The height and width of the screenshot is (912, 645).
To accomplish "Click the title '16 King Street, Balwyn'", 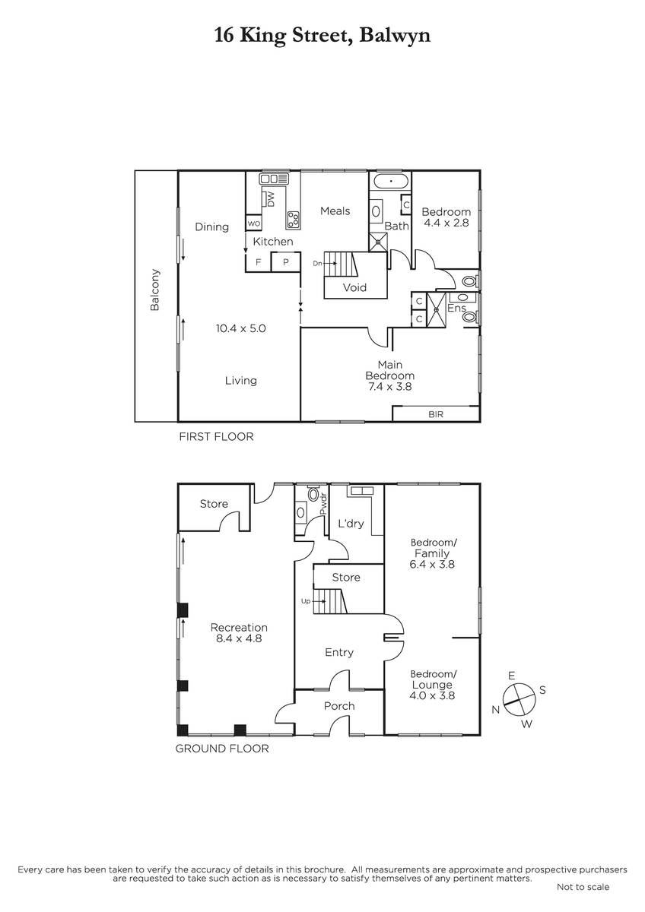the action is pyautogui.click(x=322, y=36).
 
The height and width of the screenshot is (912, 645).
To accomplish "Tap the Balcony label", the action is pyautogui.click(x=155, y=290).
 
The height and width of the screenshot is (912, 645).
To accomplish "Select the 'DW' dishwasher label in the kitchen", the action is pyautogui.click(x=272, y=199).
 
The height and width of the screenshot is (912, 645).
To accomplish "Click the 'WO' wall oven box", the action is pyautogui.click(x=254, y=223).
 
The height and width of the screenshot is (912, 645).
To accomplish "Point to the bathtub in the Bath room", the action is pyautogui.click(x=391, y=180).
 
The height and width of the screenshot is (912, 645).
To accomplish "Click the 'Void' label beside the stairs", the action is pyautogui.click(x=354, y=287).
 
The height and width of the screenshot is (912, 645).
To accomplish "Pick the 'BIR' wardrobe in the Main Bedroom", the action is pyautogui.click(x=436, y=413).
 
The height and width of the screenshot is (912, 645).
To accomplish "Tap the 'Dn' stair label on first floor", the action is pyautogui.click(x=317, y=264).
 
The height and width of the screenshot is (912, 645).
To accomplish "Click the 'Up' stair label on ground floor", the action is pyautogui.click(x=306, y=601).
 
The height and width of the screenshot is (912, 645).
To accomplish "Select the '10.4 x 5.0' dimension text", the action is pyautogui.click(x=241, y=328).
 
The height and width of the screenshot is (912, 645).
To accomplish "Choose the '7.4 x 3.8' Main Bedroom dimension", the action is pyautogui.click(x=390, y=386).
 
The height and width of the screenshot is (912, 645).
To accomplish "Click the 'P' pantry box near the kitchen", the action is pyautogui.click(x=286, y=261).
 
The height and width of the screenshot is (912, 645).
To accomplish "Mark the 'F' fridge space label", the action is pyautogui.click(x=258, y=262).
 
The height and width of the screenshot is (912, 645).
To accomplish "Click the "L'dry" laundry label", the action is pyautogui.click(x=351, y=523).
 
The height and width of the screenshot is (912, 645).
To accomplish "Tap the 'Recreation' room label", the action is pyautogui.click(x=239, y=628).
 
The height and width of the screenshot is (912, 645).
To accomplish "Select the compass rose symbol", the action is pyautogui.click(x=519, y=700).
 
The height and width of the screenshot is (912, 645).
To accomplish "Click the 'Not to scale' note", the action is pyautogui.click(x=583, y=887).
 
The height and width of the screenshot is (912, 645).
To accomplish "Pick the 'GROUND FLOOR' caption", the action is pyautogui.click(x=222, y=749).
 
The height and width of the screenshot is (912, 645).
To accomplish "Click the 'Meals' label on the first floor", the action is pyautogui.click(x=335, y=211).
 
